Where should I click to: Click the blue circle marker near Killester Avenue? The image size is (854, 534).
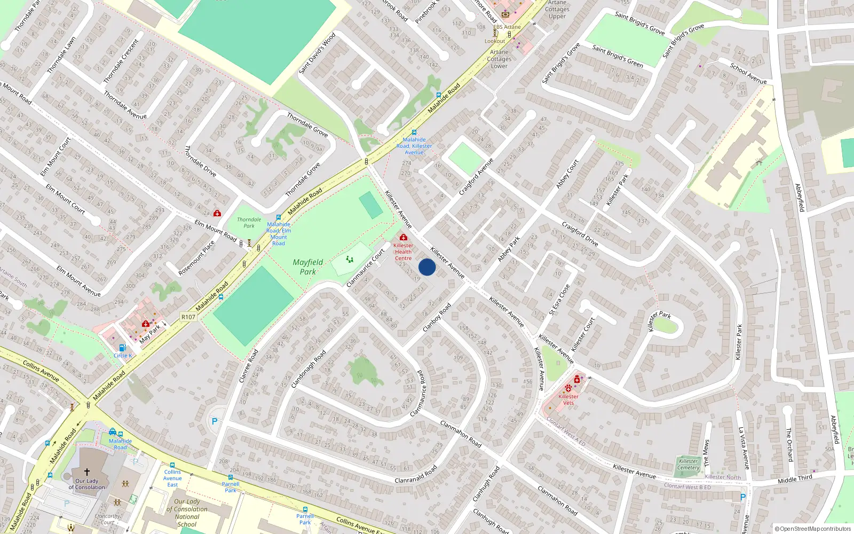click(x=427, y=267)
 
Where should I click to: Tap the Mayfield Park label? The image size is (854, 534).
click(x=308, y=267)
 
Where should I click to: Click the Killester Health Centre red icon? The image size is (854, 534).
click(x=404, y=237)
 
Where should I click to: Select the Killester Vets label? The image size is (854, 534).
click(x=568, y=399)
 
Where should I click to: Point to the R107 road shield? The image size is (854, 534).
click(x=188, y=317)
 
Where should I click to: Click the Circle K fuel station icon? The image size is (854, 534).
click(x=122, y=348)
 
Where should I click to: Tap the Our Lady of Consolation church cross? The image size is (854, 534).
click(x=87, y=472)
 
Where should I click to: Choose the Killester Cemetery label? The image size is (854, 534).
click(x=689, y=464)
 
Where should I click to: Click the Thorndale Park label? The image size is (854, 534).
click(x=249, y=223)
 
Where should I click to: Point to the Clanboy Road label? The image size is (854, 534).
click(x=437, y=318)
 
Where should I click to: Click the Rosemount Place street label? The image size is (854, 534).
click(x=196, y=258)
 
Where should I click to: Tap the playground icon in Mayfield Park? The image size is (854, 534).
click(x=350, y=260)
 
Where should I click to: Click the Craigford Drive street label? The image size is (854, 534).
click(x=580, y=234)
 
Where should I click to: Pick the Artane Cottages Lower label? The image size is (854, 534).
click(x=499, y=59)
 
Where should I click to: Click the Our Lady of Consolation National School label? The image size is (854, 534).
click(x=187, y=513)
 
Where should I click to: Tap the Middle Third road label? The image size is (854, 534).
click(x=795, y=479)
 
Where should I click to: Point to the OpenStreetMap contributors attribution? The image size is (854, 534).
click(x=813, y=529)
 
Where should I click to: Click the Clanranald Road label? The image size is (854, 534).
click(x=416, y=474)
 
